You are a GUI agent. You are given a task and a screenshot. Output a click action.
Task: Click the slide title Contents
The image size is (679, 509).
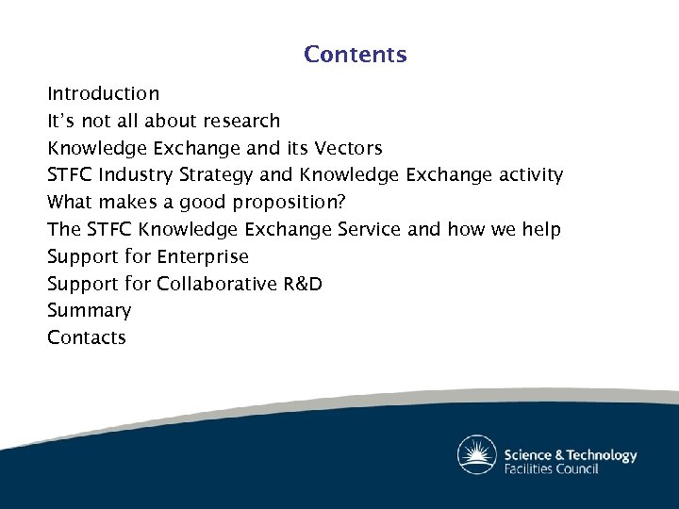(356, 55)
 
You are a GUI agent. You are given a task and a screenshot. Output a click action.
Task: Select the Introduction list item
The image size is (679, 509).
(104, 94)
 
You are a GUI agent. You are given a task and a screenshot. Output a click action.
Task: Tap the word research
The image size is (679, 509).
(240, 121)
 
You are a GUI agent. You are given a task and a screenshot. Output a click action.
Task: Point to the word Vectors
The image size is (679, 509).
(348, 148)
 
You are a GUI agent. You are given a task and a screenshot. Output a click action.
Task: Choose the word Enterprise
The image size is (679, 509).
(203, 256)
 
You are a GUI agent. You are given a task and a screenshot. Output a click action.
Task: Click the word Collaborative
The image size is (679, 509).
(217, 284)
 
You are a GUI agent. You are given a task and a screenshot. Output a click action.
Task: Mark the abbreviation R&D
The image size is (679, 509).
(303, 284)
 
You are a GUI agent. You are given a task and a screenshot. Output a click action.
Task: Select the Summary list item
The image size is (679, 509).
(90, 311)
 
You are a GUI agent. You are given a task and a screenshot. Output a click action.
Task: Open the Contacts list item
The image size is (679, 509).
(87, 337)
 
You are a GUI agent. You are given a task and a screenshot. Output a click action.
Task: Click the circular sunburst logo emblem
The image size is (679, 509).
(477, 455)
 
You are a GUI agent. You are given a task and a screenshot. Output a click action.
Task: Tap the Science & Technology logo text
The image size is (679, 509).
(570, 455)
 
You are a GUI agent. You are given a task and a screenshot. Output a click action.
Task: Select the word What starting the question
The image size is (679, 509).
(69, 203)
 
